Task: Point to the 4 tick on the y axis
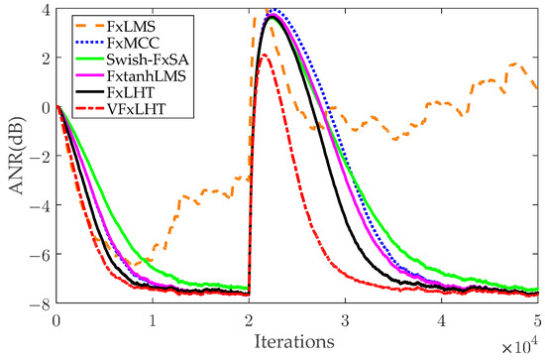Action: [x=45, y=10]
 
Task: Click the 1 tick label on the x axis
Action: [x=153, y=320]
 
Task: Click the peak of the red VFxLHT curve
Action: [x=264, y=56]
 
